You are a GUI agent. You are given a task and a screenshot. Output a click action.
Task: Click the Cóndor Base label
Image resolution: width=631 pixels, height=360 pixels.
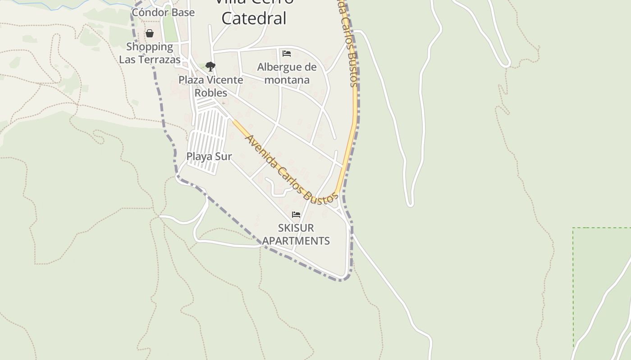coord(163,13)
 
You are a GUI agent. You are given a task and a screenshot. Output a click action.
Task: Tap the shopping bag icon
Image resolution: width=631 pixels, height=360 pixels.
coord(150,34)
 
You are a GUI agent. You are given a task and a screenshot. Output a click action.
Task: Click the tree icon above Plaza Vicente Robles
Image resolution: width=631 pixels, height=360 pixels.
coord(210,67)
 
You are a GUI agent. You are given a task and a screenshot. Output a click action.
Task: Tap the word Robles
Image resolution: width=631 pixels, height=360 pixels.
coord(211,93)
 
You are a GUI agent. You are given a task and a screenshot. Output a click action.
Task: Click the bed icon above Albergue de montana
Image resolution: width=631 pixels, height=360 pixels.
coord(287,54)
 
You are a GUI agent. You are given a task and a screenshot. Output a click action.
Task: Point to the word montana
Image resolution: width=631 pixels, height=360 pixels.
coord(287,80)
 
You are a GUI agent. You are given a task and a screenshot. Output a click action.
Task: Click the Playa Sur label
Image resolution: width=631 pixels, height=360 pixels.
coord(209,157)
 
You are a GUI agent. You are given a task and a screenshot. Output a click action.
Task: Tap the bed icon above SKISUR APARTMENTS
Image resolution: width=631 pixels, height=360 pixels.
coord(296,215)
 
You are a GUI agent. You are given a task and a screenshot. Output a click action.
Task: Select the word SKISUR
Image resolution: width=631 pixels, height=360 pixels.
coord(296,228)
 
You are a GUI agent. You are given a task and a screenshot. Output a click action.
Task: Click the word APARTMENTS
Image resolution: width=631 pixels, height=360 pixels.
coord(296,241)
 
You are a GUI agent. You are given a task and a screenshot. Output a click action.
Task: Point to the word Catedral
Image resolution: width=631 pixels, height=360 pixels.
coord(254,18)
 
